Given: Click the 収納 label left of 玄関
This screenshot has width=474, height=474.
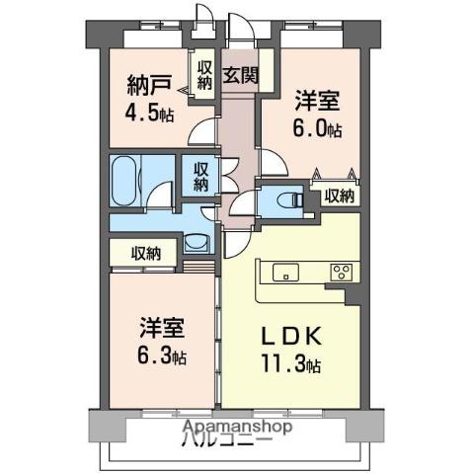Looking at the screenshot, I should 204,75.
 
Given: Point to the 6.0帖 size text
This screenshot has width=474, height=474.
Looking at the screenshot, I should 318,129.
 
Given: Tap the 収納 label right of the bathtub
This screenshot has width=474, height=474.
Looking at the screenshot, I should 200,176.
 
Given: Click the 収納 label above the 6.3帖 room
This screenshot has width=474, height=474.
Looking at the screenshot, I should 147,254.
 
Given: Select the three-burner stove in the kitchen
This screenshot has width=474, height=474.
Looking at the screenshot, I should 342,273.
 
